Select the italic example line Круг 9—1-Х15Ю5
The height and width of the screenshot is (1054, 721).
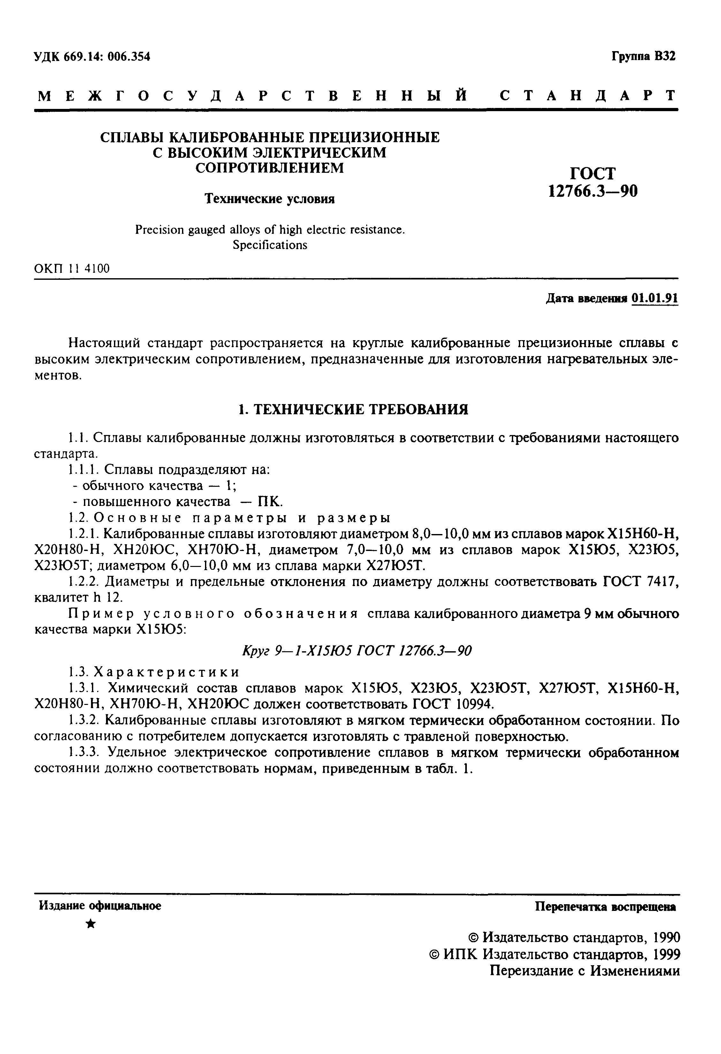tap(357, 651)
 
